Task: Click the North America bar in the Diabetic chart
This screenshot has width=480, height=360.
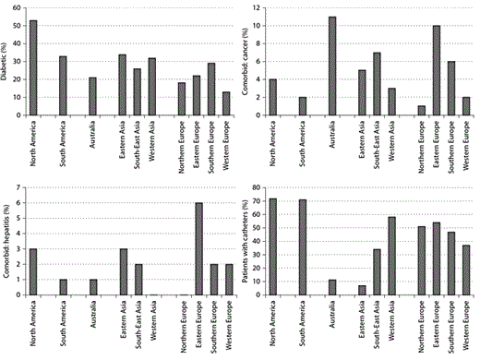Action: [33, 68]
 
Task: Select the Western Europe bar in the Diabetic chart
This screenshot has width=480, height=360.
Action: [227, 103]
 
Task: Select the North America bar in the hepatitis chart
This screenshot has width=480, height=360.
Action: [33, 274]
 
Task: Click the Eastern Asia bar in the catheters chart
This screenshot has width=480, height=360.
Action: [362, 290]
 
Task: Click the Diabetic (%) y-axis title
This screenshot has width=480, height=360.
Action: [6, 61]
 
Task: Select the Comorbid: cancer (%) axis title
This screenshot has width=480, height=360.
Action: [248, 61]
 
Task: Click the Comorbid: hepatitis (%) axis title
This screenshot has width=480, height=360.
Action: [6, 242]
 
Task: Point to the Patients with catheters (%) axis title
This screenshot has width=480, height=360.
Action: [248, 242]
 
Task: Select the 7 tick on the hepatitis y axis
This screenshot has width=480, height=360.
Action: [18, 188]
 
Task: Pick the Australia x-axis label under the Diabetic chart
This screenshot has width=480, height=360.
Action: [91, 138]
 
